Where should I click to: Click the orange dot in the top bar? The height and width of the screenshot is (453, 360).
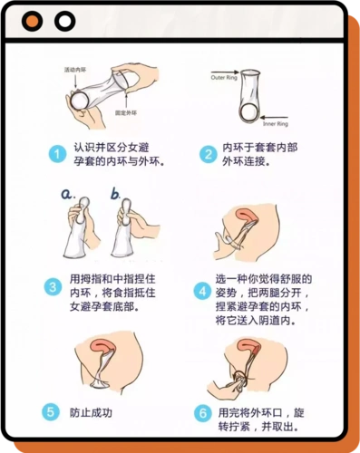(34, 21)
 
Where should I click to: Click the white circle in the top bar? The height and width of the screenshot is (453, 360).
(63, 21)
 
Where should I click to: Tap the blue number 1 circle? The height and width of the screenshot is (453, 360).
(56, 155)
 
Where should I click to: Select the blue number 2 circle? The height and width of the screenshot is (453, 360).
(208, 155)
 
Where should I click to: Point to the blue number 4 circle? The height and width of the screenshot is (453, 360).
(202, 291)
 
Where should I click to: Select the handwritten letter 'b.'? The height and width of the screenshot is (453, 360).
(116, 193)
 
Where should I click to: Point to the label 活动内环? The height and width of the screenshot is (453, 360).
(76, 70)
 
